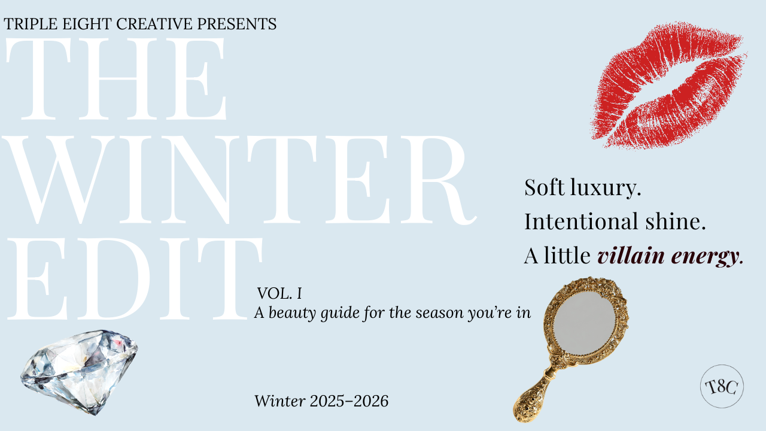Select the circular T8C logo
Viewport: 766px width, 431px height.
[722, 386]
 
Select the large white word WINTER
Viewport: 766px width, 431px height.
[239, 180]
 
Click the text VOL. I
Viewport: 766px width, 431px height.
[279, 293]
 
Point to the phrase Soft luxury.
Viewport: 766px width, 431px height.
[582, 187]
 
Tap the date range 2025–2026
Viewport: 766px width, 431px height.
[349, 401]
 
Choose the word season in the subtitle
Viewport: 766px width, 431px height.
[433, 313]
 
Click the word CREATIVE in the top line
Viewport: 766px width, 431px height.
[154, 24]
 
